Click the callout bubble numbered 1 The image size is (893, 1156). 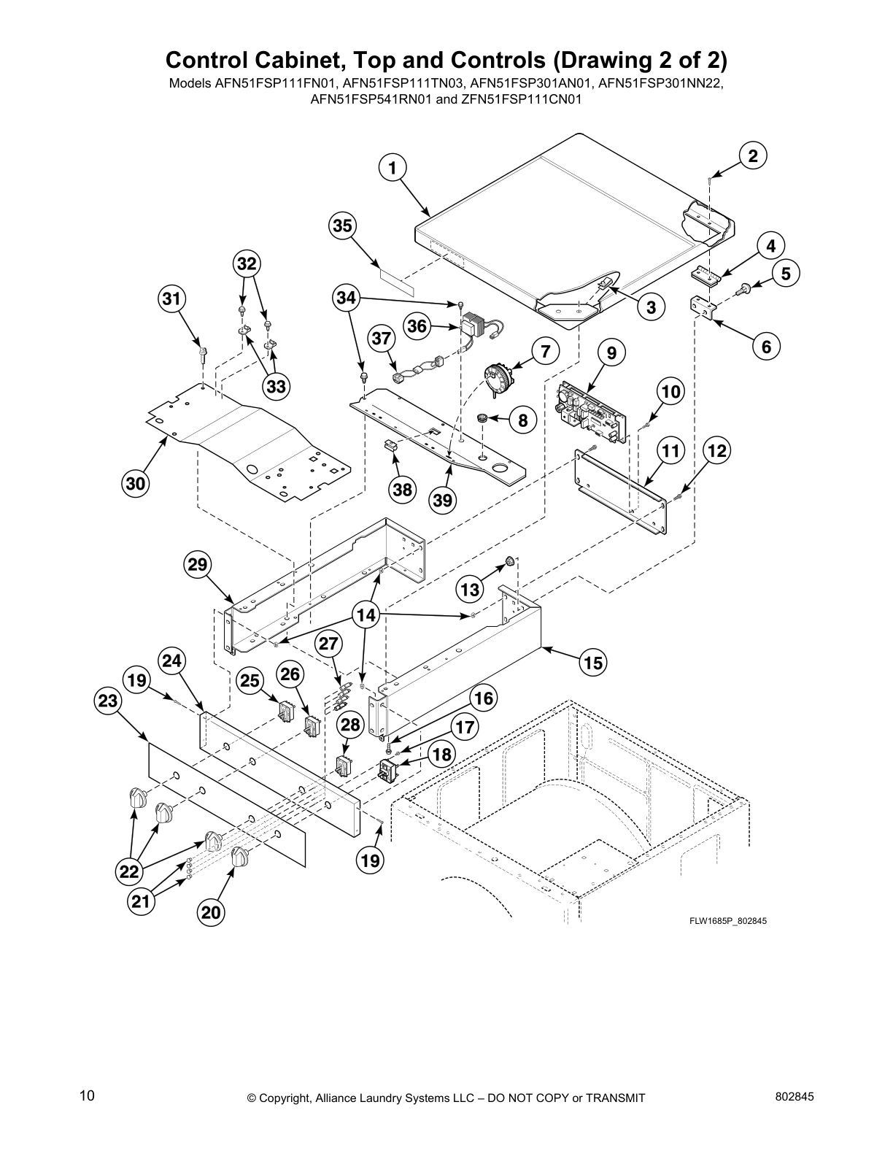[392, 168]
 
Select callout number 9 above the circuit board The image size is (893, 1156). [611, 352]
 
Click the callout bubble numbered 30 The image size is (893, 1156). [136, 483]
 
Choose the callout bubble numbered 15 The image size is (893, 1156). [594, 663]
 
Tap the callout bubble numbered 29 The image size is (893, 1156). [198, 564]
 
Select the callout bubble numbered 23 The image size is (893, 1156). [107, 701]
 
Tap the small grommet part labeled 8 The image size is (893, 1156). [482, 418]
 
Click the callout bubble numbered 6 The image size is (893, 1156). [766, 347]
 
